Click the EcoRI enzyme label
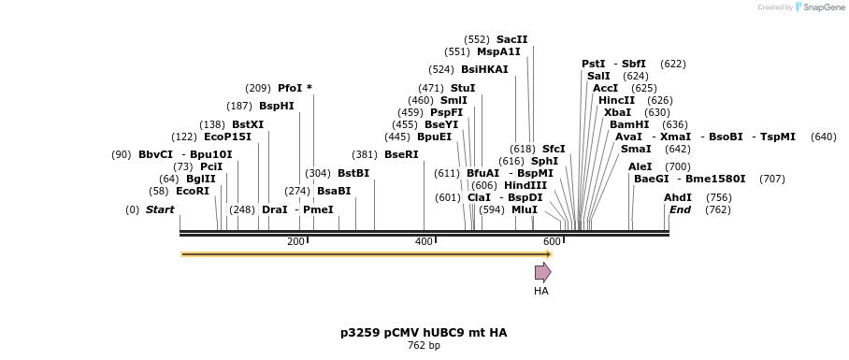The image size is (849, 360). point(193,191)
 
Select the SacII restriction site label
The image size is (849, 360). point(511,39)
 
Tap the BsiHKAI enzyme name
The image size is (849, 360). point(484,69)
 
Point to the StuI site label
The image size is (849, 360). point(463,88)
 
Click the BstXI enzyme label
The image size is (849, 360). point(248,124)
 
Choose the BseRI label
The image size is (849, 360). point(401,154)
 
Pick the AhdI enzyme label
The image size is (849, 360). point(678,197)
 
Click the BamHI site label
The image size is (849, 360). point(629,124)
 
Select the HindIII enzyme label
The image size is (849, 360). point(525,185)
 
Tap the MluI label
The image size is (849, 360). point(525,209)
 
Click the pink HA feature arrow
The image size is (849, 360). point(542,272)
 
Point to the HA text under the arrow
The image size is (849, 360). point(541,291)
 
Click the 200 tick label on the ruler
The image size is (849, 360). point(295,241)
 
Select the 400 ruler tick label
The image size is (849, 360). point(424,241)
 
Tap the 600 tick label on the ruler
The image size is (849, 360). point(552,241)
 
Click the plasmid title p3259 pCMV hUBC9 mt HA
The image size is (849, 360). point(424,332)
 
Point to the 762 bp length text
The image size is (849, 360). point(424,346)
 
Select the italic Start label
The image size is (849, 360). point(160,209)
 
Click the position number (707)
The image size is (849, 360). point(771,179)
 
